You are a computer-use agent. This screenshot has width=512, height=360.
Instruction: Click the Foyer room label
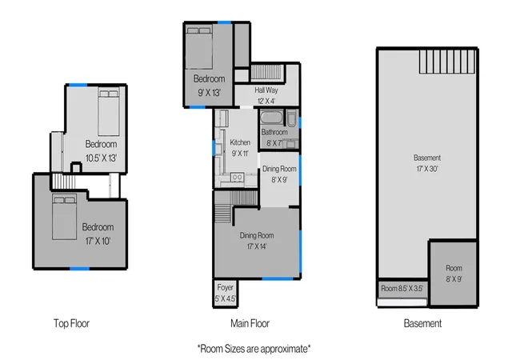[226, 287]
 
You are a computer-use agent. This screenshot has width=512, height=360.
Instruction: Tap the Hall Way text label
[266, 90]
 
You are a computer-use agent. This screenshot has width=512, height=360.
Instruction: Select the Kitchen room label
[240, 142]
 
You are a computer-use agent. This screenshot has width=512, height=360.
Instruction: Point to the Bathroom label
[274, 132]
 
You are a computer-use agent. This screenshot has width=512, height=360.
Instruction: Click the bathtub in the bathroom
[272, 118]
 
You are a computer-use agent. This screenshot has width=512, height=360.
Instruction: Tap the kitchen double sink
[238, 178]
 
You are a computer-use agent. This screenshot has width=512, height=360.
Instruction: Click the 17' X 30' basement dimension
[427, 169]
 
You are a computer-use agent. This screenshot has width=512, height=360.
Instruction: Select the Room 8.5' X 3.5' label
[402, 289]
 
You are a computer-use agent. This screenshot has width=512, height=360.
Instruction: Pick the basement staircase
[447, 62]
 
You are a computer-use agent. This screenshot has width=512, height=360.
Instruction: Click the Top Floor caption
[71, 323]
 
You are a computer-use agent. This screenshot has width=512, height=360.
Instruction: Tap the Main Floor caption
[250, 323]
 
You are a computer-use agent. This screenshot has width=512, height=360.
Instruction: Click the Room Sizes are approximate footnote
[254, 349]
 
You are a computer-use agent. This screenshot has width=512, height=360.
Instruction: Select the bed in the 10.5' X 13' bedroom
[109, 113]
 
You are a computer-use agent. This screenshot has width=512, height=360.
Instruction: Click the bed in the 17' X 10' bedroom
[65, 217]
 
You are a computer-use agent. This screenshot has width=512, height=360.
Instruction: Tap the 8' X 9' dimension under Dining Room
[279, 180]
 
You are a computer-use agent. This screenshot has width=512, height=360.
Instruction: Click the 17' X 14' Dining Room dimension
[257, 246]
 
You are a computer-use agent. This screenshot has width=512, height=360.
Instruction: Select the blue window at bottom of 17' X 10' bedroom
[79, 269]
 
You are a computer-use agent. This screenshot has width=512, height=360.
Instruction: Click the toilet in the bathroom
[291, 118]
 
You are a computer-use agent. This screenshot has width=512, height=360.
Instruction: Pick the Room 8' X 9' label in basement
[454, 274]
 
